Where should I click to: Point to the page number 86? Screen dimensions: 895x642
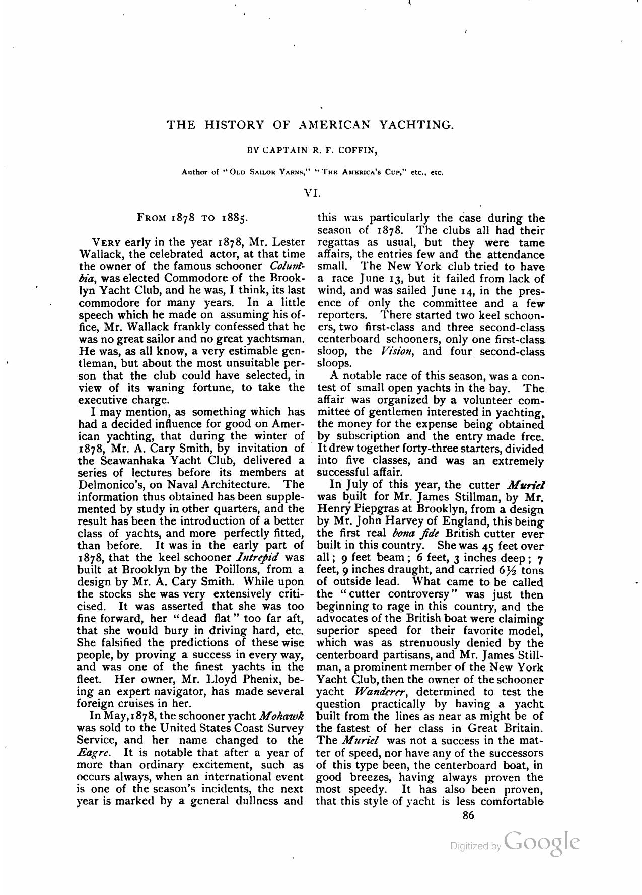[468, 816]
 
